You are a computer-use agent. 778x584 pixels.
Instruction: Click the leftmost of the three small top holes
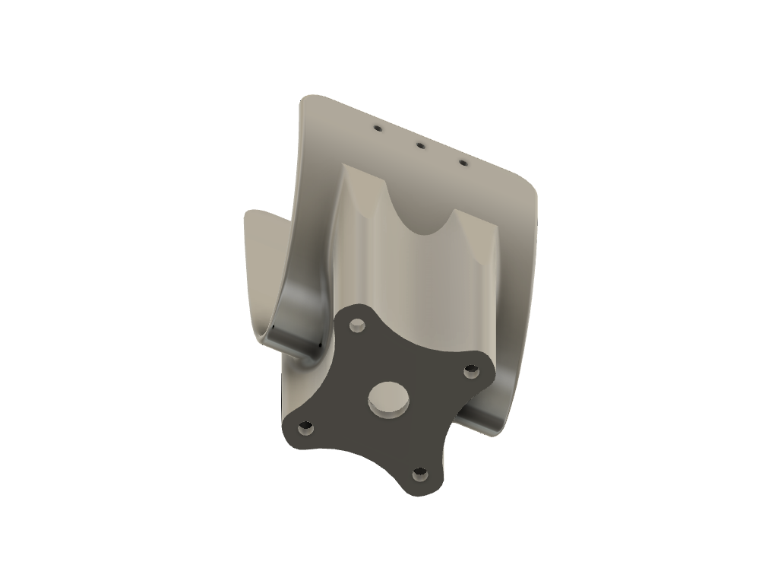coord(376,129)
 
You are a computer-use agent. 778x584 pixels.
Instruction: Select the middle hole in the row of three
coord(419,144)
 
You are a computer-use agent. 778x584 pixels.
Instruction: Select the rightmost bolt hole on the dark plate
coord(471,371)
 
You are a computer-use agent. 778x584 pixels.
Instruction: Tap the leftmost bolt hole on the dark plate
coord(305,428)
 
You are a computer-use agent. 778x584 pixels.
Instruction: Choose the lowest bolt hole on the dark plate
coord(419,475)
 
